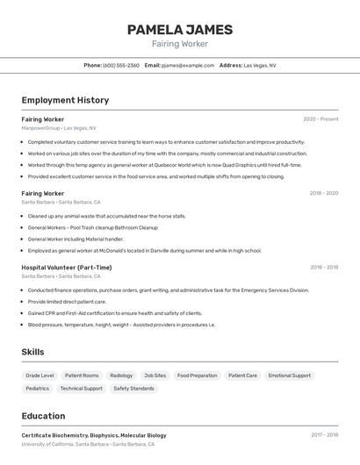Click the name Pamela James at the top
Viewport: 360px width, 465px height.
(180, 30)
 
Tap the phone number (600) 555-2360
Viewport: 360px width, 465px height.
(121, 65)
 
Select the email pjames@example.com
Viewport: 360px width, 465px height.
(187, 65)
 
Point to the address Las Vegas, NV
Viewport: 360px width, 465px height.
(260, 65)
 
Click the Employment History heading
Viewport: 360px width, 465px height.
(65, 100)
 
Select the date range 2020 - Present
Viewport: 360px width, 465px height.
(320, 119)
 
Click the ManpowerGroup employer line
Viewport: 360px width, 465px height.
(59, 128)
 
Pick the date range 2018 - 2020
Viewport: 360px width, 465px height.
(323, 193)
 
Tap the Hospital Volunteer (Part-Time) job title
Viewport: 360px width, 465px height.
(67, 268)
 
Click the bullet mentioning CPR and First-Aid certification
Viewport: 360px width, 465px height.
(114, 313)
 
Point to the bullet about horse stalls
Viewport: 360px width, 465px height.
(106, 216)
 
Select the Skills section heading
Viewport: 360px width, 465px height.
(33, 352)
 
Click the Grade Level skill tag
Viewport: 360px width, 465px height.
(40, 376)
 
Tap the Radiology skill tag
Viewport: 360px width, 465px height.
(121, 376)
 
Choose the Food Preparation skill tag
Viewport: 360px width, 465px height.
(197, 376)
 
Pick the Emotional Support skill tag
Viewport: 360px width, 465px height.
(290, 376)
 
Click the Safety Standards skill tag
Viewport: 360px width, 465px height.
(133, 388)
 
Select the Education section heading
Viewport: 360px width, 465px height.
(43, 416)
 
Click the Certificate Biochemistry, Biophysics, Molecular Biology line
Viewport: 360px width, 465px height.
(94, 435)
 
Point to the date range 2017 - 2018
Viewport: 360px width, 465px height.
(324, 435)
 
